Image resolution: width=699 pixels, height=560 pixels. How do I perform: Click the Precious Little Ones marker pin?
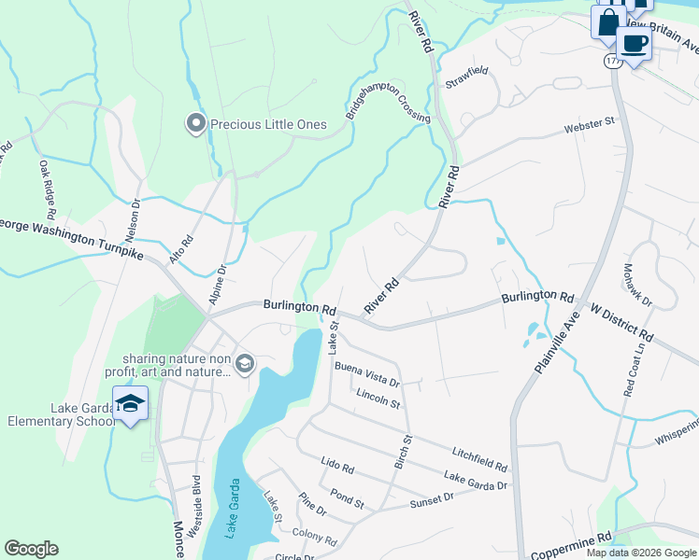click(195, 124)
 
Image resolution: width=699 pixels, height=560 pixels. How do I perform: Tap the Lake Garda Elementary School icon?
click(130, 404)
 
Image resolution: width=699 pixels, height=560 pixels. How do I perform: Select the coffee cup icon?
click(635, 43)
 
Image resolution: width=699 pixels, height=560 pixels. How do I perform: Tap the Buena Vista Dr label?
click(367, 375)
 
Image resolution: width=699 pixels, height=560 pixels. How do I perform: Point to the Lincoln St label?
click(378, 399)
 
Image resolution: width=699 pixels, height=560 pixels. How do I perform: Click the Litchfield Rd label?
click(479, 458)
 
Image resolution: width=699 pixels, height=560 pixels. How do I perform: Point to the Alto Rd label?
click(181, 248)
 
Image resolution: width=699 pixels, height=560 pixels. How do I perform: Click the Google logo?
click(31, 549)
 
